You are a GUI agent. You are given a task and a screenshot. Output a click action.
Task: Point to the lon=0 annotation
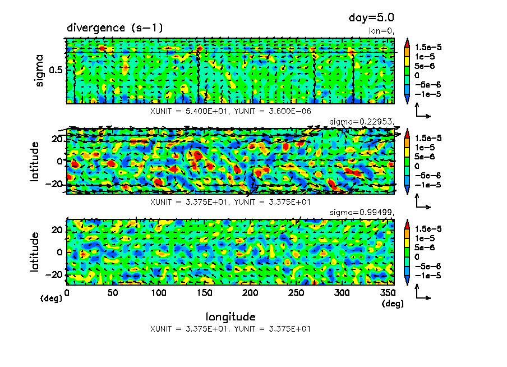click(x=382, y=31)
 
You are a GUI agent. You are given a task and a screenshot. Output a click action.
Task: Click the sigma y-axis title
click(x=39, y=70)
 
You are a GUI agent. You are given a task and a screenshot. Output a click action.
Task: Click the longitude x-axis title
click(x=231, y=316)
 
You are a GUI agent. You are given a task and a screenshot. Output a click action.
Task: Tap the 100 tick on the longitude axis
click(x=159, y=293)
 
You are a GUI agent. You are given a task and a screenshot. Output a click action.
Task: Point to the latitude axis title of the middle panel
click(x=35, y=161)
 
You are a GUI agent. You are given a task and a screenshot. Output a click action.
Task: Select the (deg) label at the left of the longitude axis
click(x=50, y=299)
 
